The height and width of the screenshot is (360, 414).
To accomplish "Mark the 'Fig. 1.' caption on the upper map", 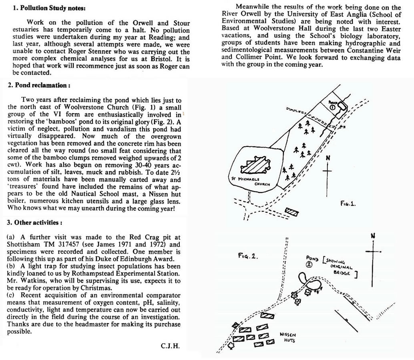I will (346, 203).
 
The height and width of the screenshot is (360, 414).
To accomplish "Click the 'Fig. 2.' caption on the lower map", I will (248, 256).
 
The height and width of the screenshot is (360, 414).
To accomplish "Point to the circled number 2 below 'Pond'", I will (309, 264).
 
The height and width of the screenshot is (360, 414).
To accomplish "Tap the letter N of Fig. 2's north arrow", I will (372, 236).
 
